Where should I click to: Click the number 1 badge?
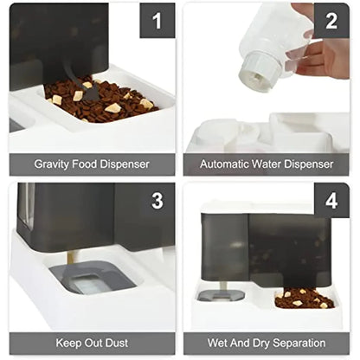(x=157, y=21)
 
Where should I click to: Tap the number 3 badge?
(x=157, y=201)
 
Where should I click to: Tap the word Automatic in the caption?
(x=226, y=164)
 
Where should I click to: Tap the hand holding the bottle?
(x=327, y=52)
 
